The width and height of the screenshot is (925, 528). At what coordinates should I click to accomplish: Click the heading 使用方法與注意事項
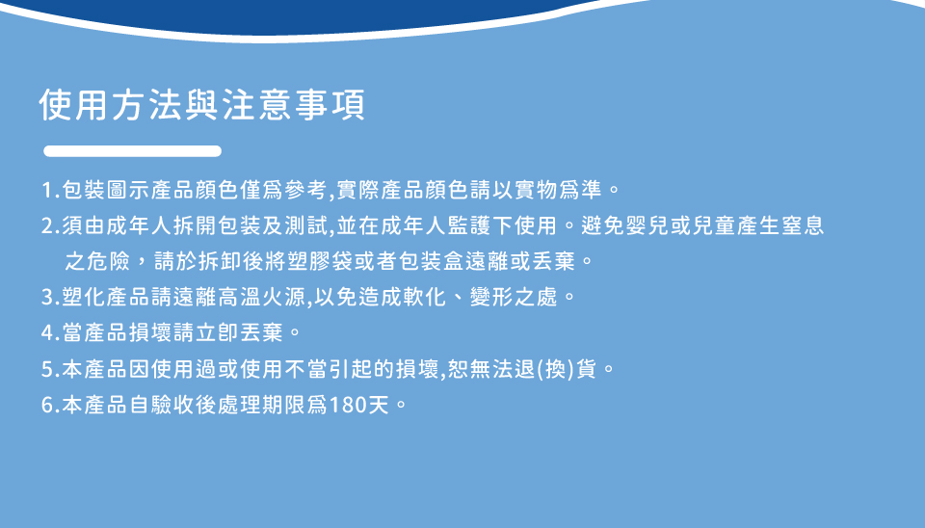[x=202, y=105]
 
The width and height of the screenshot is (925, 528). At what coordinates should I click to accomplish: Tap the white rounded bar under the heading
[x=133, y=151]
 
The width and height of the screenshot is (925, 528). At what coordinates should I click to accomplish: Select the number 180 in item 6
[x=348, y=406]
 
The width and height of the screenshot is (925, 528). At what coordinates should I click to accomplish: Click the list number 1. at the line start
[x=49, y=191]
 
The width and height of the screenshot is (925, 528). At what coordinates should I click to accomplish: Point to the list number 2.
[x=49, y=226]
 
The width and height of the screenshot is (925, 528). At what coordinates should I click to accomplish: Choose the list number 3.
[x=49, y=298]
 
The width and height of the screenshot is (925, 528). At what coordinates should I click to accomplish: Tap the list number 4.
[x=49, y=333]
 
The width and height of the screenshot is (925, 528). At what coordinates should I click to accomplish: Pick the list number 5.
[x=49, y=370]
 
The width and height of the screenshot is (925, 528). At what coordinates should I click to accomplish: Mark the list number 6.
[x=49, y=406]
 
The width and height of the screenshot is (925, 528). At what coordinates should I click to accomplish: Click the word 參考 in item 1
[x=306, y=190]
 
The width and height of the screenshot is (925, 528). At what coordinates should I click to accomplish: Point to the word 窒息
[x=803, y=225]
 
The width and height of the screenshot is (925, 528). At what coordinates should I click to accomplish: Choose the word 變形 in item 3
[x=491, y=297]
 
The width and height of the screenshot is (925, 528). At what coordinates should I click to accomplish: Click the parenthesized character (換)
[x=556, y=369]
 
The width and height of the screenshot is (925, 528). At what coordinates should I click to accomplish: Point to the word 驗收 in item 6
[x=173, y=405]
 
